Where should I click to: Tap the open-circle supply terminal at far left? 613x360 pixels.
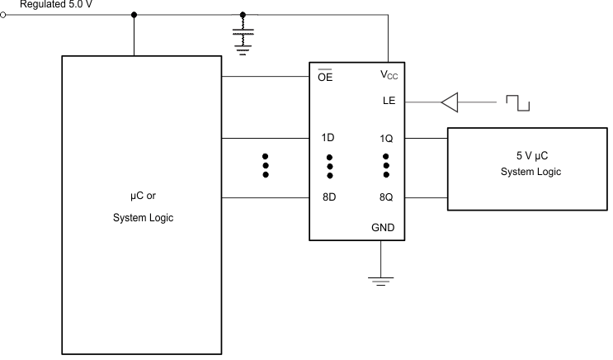(x=3, y=15)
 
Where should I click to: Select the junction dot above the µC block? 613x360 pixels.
(x=134, y=15)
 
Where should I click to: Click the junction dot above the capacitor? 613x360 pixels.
(x=242, y=15)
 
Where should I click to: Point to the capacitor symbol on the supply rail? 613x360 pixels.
(x=242, y=38)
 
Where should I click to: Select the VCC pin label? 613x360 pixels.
(x=389, y=75)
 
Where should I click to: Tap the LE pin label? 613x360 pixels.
(x=389, y=102)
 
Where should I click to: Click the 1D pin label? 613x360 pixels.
(x=328, y=139)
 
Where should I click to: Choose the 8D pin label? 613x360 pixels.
(x=328, y=198)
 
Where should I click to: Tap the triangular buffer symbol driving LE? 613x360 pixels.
(x=449, y=102)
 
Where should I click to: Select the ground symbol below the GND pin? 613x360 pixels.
(x=380, y=281)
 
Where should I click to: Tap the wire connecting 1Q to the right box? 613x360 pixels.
(x=426, y=139)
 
